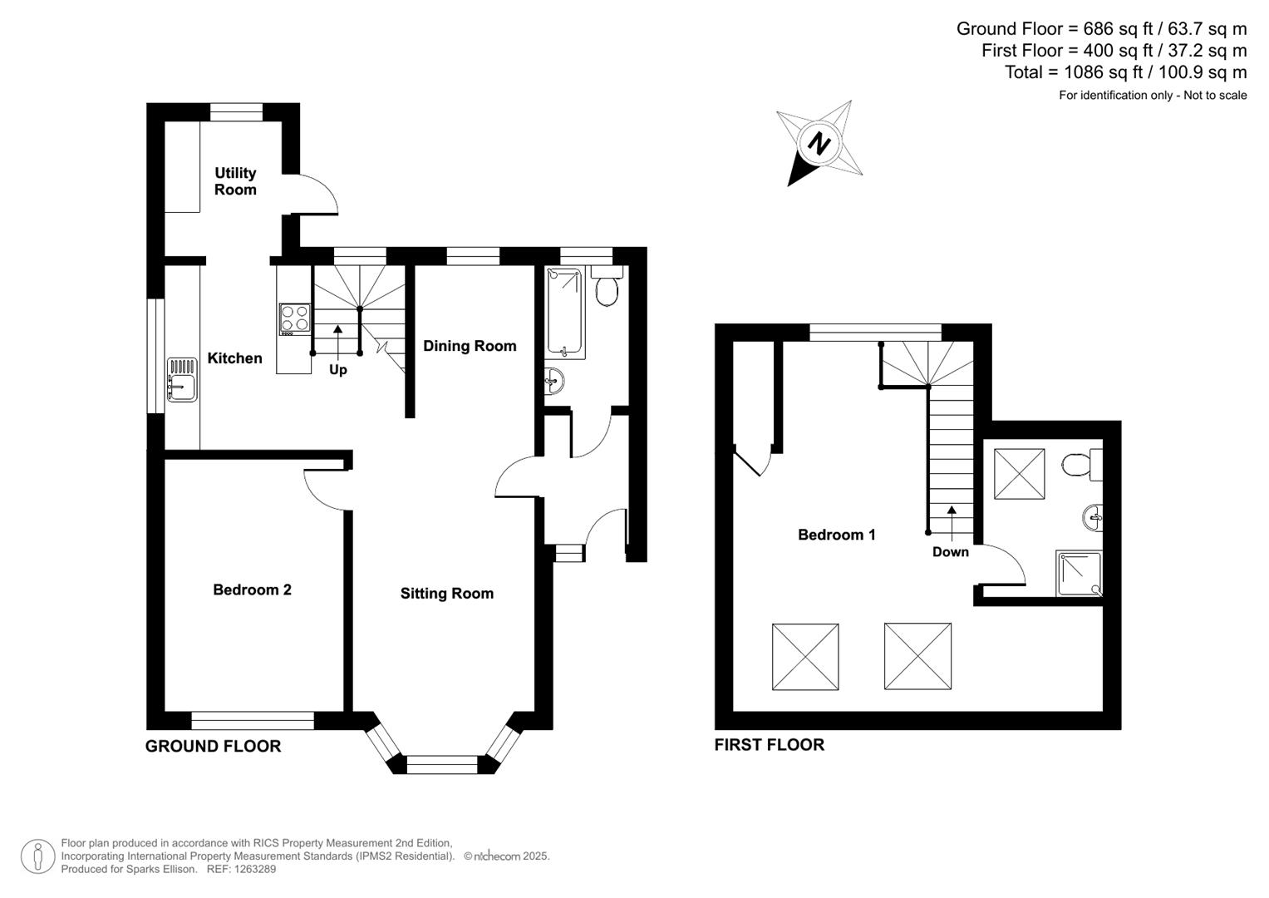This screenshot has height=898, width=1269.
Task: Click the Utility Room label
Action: [235, 181]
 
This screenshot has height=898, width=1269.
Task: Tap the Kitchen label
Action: [234, 358]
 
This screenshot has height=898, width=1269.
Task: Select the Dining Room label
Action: [470, 346]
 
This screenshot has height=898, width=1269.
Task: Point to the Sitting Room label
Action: [447, 594]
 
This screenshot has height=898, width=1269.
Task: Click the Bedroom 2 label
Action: [252, 590]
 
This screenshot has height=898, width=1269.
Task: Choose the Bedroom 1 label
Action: [836, 535]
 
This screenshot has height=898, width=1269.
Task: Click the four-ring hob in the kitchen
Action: [294, 318]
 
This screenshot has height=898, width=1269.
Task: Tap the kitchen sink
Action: [181, 380]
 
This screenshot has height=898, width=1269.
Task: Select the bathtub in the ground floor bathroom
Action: [566, 313]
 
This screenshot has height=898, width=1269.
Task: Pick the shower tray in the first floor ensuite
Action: [1079, 574]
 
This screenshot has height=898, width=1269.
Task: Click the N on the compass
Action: [819, 144]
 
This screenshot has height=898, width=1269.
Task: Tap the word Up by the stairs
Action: [337, 370]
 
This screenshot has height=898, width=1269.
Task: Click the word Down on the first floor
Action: [950, 552]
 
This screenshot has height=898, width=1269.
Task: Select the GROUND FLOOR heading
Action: [213, 747]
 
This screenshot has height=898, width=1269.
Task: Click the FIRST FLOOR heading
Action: [769, 745]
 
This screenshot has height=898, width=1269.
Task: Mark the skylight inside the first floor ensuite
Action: [1019, 474]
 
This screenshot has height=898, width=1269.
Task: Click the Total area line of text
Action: [1125, 72]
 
